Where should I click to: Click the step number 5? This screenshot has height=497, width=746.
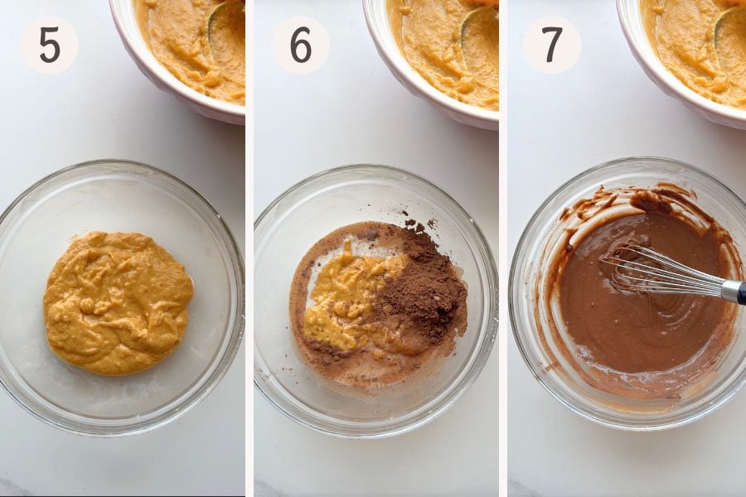[50, 46]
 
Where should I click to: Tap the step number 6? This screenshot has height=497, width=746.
[301, 46]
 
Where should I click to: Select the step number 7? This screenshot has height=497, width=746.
[552, 46]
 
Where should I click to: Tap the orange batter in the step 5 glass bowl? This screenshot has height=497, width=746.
[118, 303]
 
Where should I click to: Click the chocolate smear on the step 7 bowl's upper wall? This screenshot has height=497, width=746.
[632, 200]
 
